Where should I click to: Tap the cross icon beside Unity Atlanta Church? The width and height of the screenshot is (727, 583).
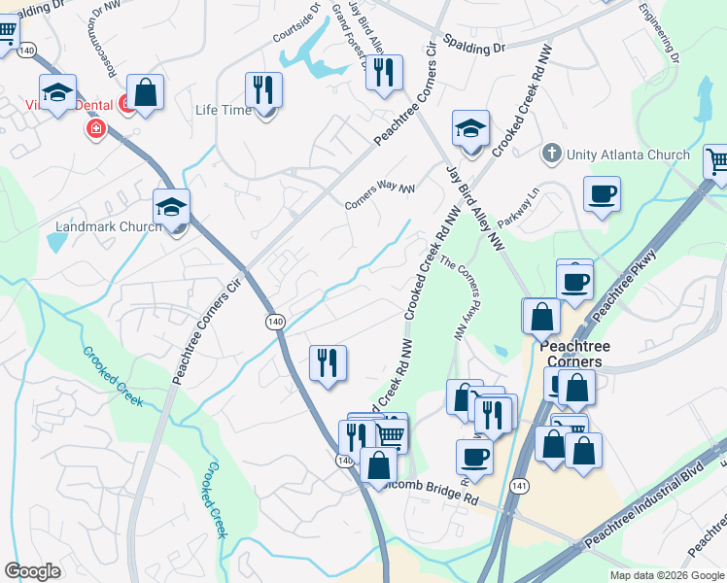tap(551, 154)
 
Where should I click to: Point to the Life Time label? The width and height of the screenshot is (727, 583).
tap(223, 111)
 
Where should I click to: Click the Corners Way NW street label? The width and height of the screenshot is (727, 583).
tap(380, 197)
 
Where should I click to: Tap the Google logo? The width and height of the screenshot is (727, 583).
tap(32, 571)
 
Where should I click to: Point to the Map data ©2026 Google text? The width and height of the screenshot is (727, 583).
tap(666, 575)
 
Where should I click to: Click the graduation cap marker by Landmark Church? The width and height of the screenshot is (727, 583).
tap(171, 208)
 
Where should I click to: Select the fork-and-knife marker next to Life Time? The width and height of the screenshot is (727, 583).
tap(263, 90)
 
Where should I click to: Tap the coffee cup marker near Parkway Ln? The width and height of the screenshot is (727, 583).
tap(602, 193)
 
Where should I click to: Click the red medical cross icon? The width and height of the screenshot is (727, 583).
tap(95, 128)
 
